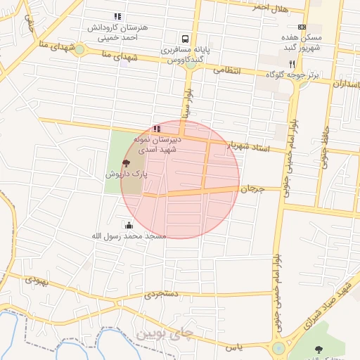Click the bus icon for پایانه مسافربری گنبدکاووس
pos(184,39)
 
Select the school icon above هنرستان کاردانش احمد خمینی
pos(117,16)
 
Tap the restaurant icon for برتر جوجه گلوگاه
pos(302,63)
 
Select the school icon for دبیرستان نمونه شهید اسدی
pos(156,129)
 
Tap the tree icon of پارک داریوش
pos(126,162)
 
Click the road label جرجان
pos(252,189)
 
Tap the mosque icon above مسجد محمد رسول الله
pos(129,226)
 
